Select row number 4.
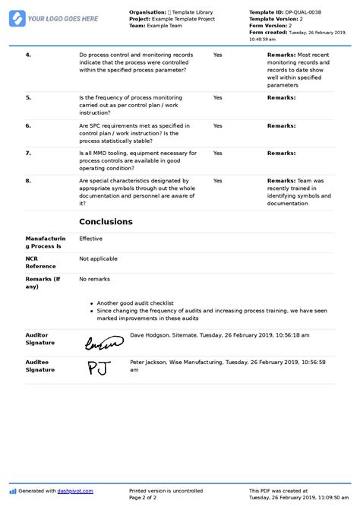click(28, 55)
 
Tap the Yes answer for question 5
click(218, 98)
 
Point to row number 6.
click(28, 125)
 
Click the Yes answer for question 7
click(218, 153)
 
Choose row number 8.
click(28, 180)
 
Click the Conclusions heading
click(106, 222)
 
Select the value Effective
click(91, 239)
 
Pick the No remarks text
click(94, 279)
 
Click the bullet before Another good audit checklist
click(92, 303)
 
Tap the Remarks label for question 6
click(281, 125)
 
